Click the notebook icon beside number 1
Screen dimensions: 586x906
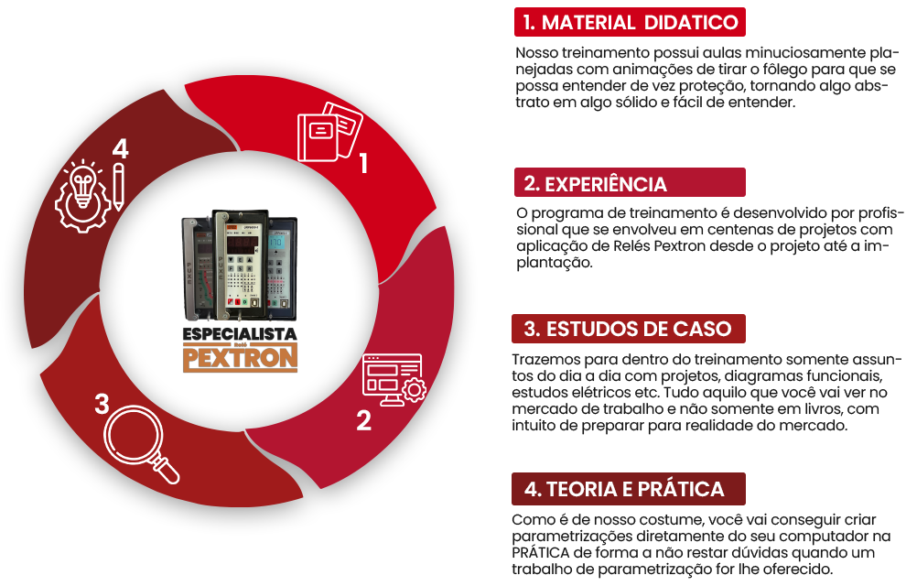pyautogui.click(x=329, y=134)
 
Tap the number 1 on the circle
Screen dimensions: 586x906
pyautogui.click(x=363, y=164)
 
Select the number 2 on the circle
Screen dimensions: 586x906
pyautogui.click(x=363, y=420)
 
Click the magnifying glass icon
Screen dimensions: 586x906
pyautogui.click(x=142, y=445)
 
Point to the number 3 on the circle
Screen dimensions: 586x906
pyautogui.click(x=102, y=404)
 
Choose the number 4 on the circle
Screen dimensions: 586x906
pyautogui.click(x=120, y=148)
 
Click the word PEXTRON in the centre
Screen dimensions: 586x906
pyautogui.click(x=241, y=359)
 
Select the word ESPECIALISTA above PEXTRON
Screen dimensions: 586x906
pyautogui.click(x=240, y=335)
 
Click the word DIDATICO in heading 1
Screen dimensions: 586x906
pyautogui.click(x=691, y=24)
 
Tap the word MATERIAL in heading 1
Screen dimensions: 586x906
pyautogui.click(x=588, y=24)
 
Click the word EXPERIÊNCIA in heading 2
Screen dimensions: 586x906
pyautogui.click(x=605, y=184)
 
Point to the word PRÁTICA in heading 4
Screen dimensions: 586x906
pyautogui.click(x=681, y=489)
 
